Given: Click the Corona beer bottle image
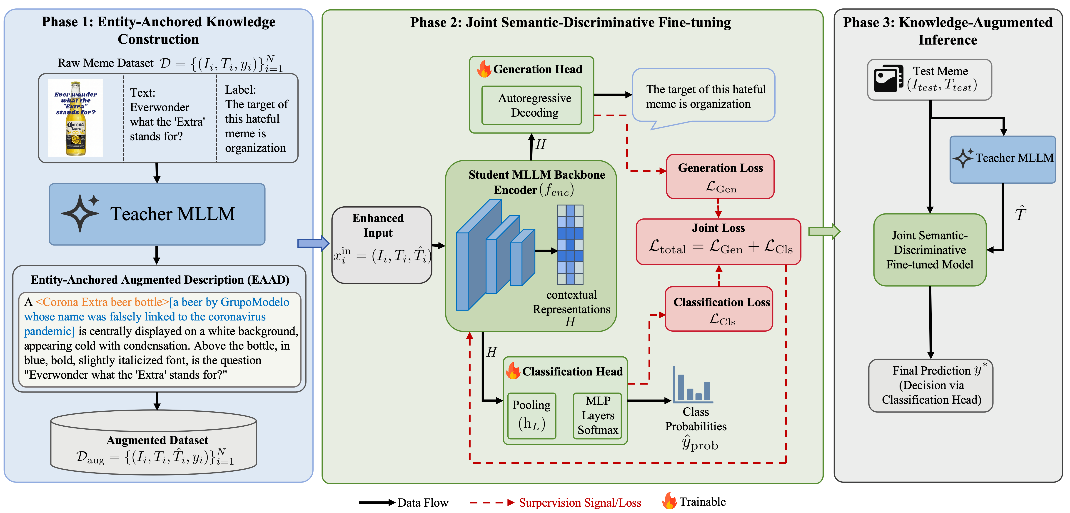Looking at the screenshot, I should click(76, 118).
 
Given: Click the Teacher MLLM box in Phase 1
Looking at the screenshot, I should click(157, 214).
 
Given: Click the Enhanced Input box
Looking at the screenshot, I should click(382, 245).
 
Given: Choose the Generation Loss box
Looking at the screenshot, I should click(720, 177).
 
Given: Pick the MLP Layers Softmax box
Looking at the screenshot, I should click(597, 416).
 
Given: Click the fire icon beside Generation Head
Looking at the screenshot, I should click(484, 69).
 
